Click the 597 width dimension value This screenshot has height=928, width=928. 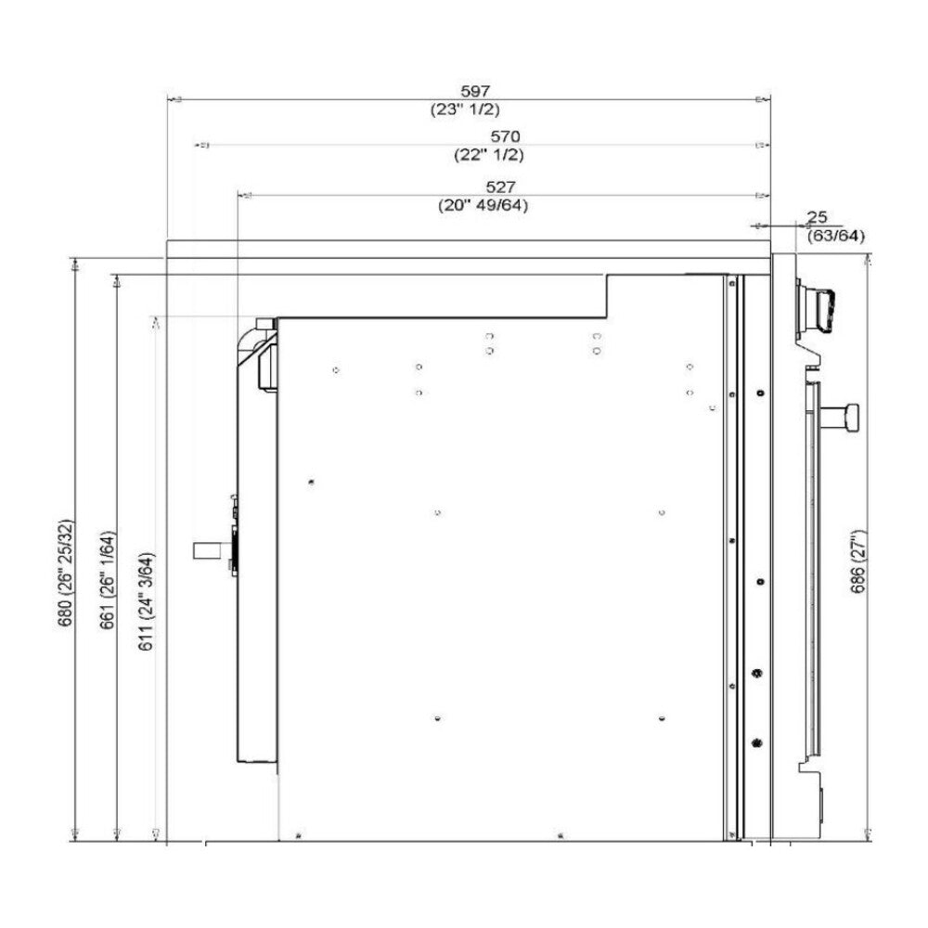pyautogui.click(x=474, y=91)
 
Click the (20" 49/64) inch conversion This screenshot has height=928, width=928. pyautogui.click(x=483, y=206)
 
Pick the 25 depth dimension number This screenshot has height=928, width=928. pyautogui.click(x=817, y=217)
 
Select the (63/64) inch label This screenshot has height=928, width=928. pyautogui.click(x=835, y=236)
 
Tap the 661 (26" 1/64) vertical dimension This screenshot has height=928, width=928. pyautogui.click(x=108, y=580)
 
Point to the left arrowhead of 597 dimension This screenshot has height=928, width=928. pyautogui.click(x=176, y=98)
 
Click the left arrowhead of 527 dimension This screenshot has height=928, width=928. pyautogui.click(x=246, y=196)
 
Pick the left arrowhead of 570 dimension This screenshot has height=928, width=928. pyautogui.click(x=203, y=146)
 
